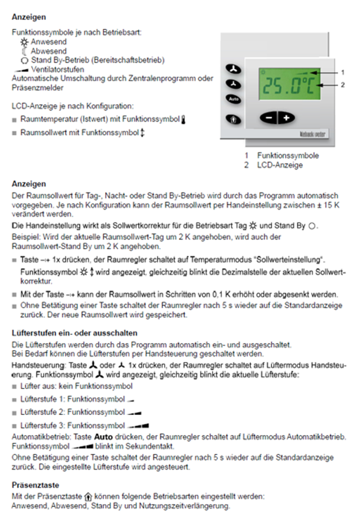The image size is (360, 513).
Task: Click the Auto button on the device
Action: tap(234, 99)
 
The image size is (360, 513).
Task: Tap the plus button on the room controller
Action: tap(286, 117)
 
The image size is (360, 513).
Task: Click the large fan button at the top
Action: tap(235, 70)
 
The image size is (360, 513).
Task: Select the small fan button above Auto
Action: tap(234, 84)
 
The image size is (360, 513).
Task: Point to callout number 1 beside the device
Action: tap(342, 72)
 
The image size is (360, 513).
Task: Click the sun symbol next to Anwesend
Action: tap(25, 42)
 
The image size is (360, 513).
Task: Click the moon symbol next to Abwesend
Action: tap(25, 51)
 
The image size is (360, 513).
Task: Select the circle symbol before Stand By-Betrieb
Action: tap(25, 60)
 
